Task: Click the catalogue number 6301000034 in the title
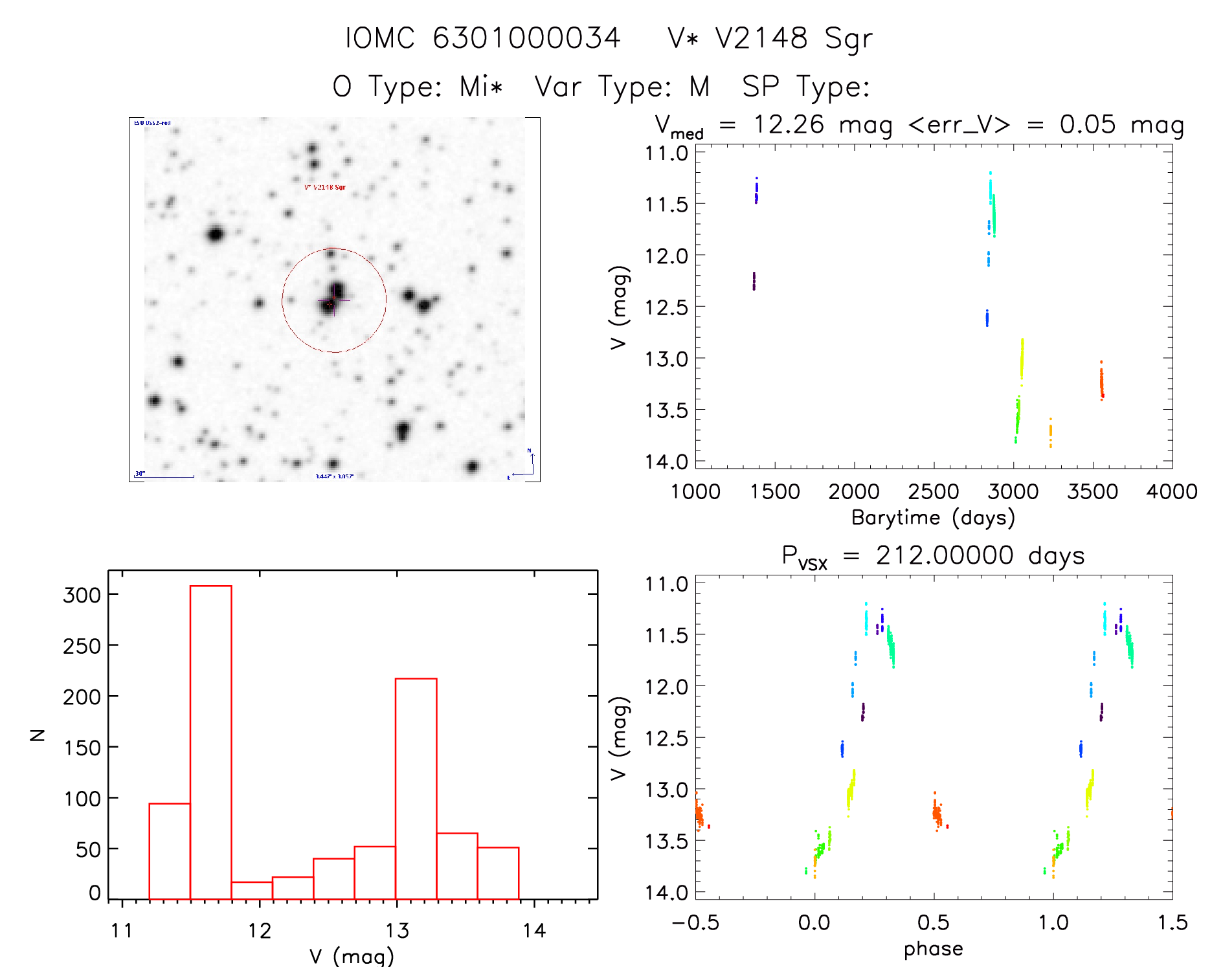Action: point(526,38)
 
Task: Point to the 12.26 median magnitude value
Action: point(789,124)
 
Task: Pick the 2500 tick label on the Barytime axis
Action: point(933,492)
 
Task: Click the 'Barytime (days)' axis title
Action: point(933,518)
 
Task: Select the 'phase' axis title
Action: point(933,949)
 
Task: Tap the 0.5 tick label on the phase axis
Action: point(933,922)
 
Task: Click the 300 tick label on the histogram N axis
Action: point(82,595)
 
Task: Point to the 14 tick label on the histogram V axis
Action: point(534,931)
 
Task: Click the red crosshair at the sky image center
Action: point(331,302)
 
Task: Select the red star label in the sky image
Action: point(325,188)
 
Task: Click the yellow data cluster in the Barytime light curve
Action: point(1022,359)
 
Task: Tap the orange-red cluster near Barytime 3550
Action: point(1101,382)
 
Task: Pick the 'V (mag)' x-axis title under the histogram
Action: point(351,955)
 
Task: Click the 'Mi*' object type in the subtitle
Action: point(481,86)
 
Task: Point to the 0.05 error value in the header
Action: point(1088,124)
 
